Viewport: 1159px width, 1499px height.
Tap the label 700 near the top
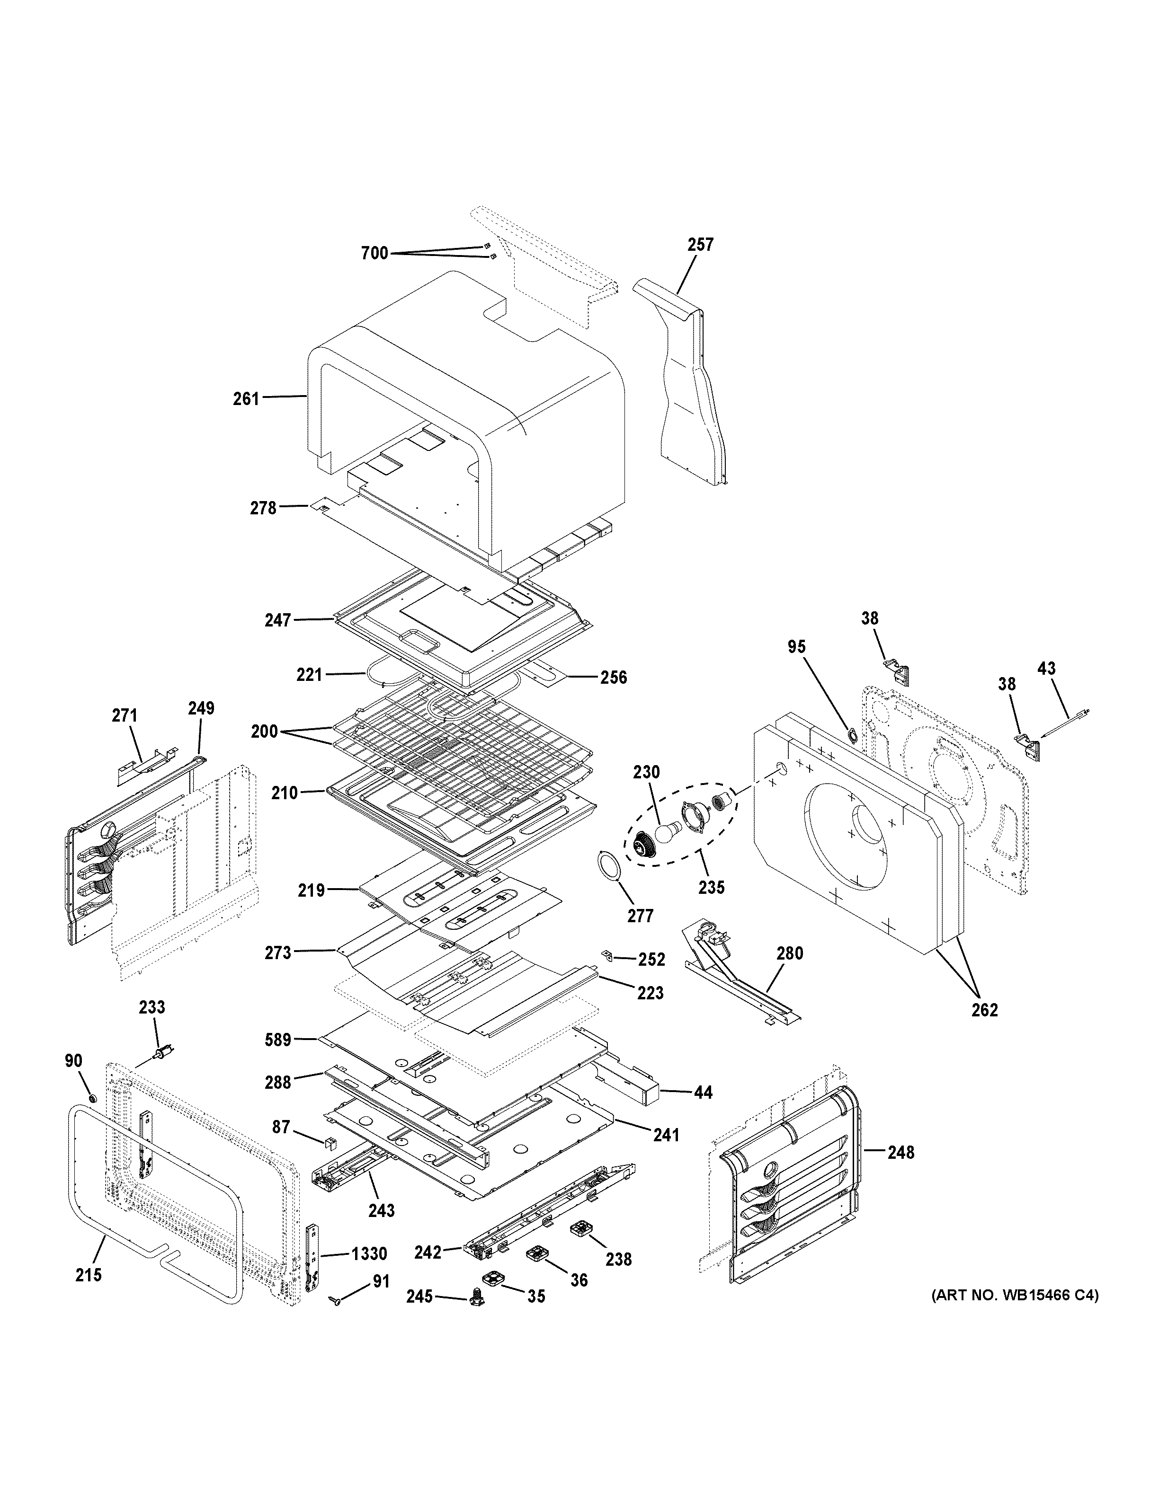[374, 254]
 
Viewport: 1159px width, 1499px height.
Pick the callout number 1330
[369, 1254]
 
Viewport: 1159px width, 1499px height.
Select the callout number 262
[984, 1010]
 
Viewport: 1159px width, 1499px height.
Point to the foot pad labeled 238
[581, 1229]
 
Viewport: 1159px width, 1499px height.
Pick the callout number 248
[900, 1152]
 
